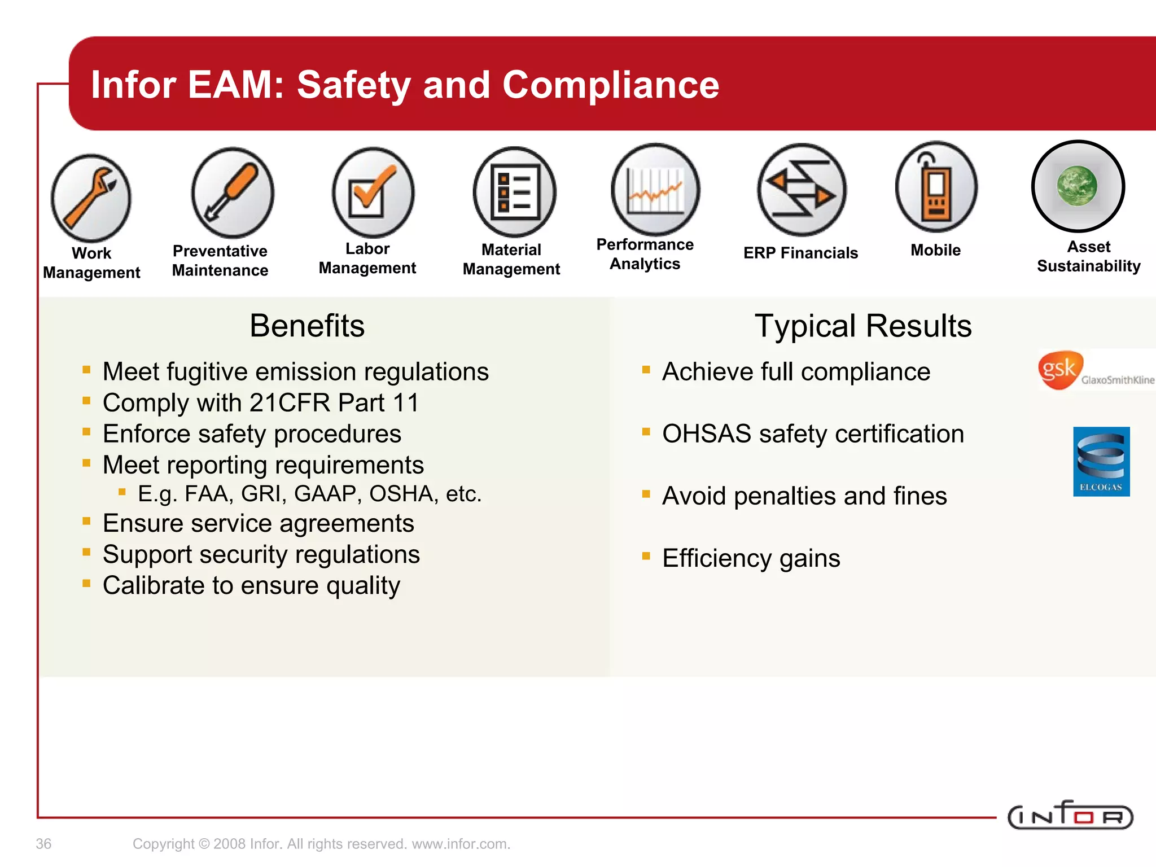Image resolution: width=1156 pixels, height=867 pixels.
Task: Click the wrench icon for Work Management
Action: [91, 198]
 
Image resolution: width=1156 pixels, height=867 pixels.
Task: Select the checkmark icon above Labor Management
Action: [373, 192]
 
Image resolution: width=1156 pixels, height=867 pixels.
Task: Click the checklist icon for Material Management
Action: [514, 192]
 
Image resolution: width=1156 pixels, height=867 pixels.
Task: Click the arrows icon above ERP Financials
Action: [802, 190]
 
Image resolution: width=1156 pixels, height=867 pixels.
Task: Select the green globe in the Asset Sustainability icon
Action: [1077, 186]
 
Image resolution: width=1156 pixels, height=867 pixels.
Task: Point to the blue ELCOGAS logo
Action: [1101, 461]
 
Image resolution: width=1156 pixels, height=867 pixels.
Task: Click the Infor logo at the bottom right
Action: [1070, 816]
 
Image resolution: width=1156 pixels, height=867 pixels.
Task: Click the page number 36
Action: [43, 844]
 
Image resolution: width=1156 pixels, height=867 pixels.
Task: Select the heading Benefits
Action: [307, 326]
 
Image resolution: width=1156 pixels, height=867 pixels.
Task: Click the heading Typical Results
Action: [863, 326]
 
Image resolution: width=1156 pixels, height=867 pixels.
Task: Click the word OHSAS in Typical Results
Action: [707, 434]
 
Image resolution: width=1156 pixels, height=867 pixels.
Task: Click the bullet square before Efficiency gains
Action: [646, 556]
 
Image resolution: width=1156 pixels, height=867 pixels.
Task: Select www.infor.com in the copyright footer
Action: [461, 844]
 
